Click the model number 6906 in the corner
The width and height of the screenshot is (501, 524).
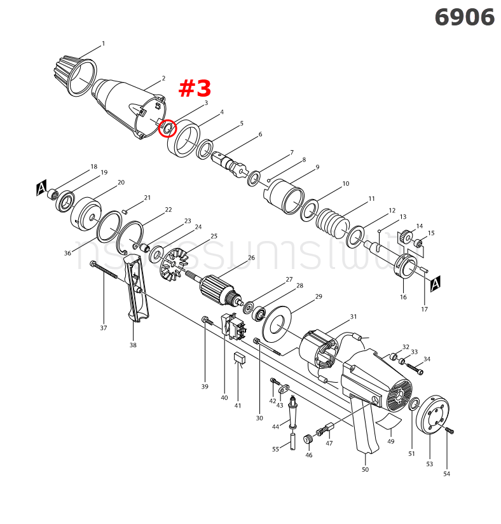464,18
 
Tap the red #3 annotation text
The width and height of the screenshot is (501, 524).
194,89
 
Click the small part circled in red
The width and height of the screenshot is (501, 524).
167,128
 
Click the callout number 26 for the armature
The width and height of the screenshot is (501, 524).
251,258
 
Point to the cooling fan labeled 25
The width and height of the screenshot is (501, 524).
175,265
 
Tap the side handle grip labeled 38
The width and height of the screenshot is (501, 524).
137,289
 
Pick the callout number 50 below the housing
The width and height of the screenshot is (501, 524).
365,469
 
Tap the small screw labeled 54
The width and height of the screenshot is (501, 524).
450,431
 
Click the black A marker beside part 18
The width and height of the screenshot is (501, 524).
42,189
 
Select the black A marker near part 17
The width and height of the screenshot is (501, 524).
436,284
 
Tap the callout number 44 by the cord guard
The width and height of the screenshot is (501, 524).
276,426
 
